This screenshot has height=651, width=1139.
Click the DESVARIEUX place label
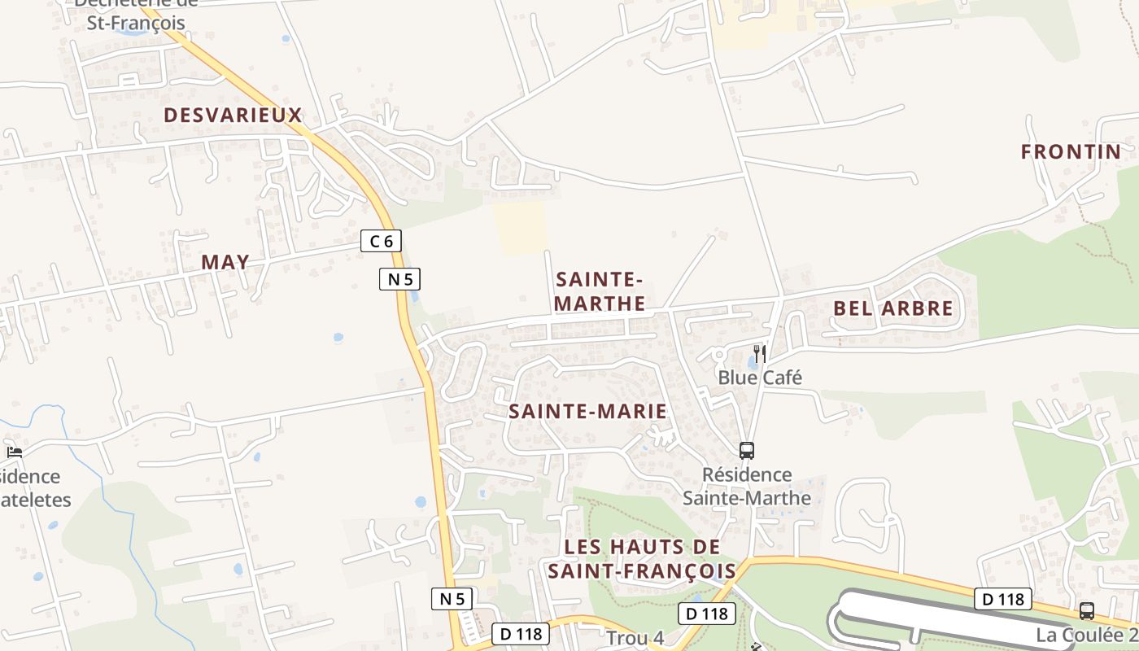(x=233, y=116)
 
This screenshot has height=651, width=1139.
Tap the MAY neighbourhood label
(x=225, y=262)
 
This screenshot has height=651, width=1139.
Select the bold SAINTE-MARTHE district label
(x=600, y=291)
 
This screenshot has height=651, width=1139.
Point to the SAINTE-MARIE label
(x=587, y=412)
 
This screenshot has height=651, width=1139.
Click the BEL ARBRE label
(x=892, y=309)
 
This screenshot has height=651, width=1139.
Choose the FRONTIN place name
(x=1071, y=152)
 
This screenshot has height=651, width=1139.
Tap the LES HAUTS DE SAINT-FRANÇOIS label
(x=643, y=558)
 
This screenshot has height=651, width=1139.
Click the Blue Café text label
(x=759, y=378)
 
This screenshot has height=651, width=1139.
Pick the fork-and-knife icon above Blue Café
(x=760, y=354)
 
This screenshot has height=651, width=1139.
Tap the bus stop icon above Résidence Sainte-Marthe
(x=746, y=450)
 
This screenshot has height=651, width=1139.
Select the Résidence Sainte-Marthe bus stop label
(x=747, y=486)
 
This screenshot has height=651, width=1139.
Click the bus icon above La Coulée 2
(x=1086, y=610)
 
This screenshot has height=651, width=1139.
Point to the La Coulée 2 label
(x=1086, y=635)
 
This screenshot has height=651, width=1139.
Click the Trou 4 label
(x=635, y=638)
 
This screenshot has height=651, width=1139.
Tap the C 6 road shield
(x=381, y=241)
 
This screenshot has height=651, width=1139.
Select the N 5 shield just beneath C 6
(x=399, y=279)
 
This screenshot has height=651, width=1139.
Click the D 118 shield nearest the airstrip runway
(x=1003, y=599)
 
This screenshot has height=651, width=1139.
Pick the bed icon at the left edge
(x=14, y=452)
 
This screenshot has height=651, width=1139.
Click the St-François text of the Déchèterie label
(x=136, y=23)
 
